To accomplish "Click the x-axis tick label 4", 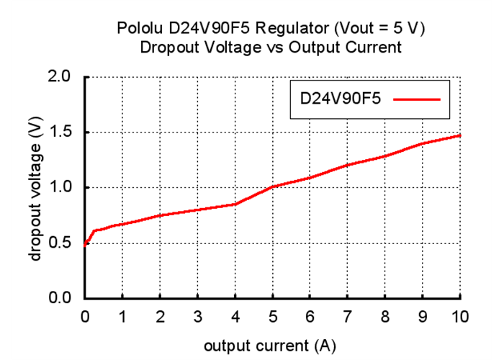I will pyautogui.click(x=235, y=317).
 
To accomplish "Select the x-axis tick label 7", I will pyautogui.click(x=347, y=317).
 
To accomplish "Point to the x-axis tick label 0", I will pyautogui.click(x=85, y=317).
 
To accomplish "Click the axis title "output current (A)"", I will pyautogui.click(x=269, y=346).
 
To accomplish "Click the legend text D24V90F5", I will pyautogui.click(x=341, y=99).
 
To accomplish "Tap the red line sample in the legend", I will pyautogui.click(x=417, y=99).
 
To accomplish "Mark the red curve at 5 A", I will pyautogui.click(x=272, y=186).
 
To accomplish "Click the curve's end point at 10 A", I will pyautogui.click(x=459, y=135).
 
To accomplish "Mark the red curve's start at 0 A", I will pyautogui.click(x=85, y=245).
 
